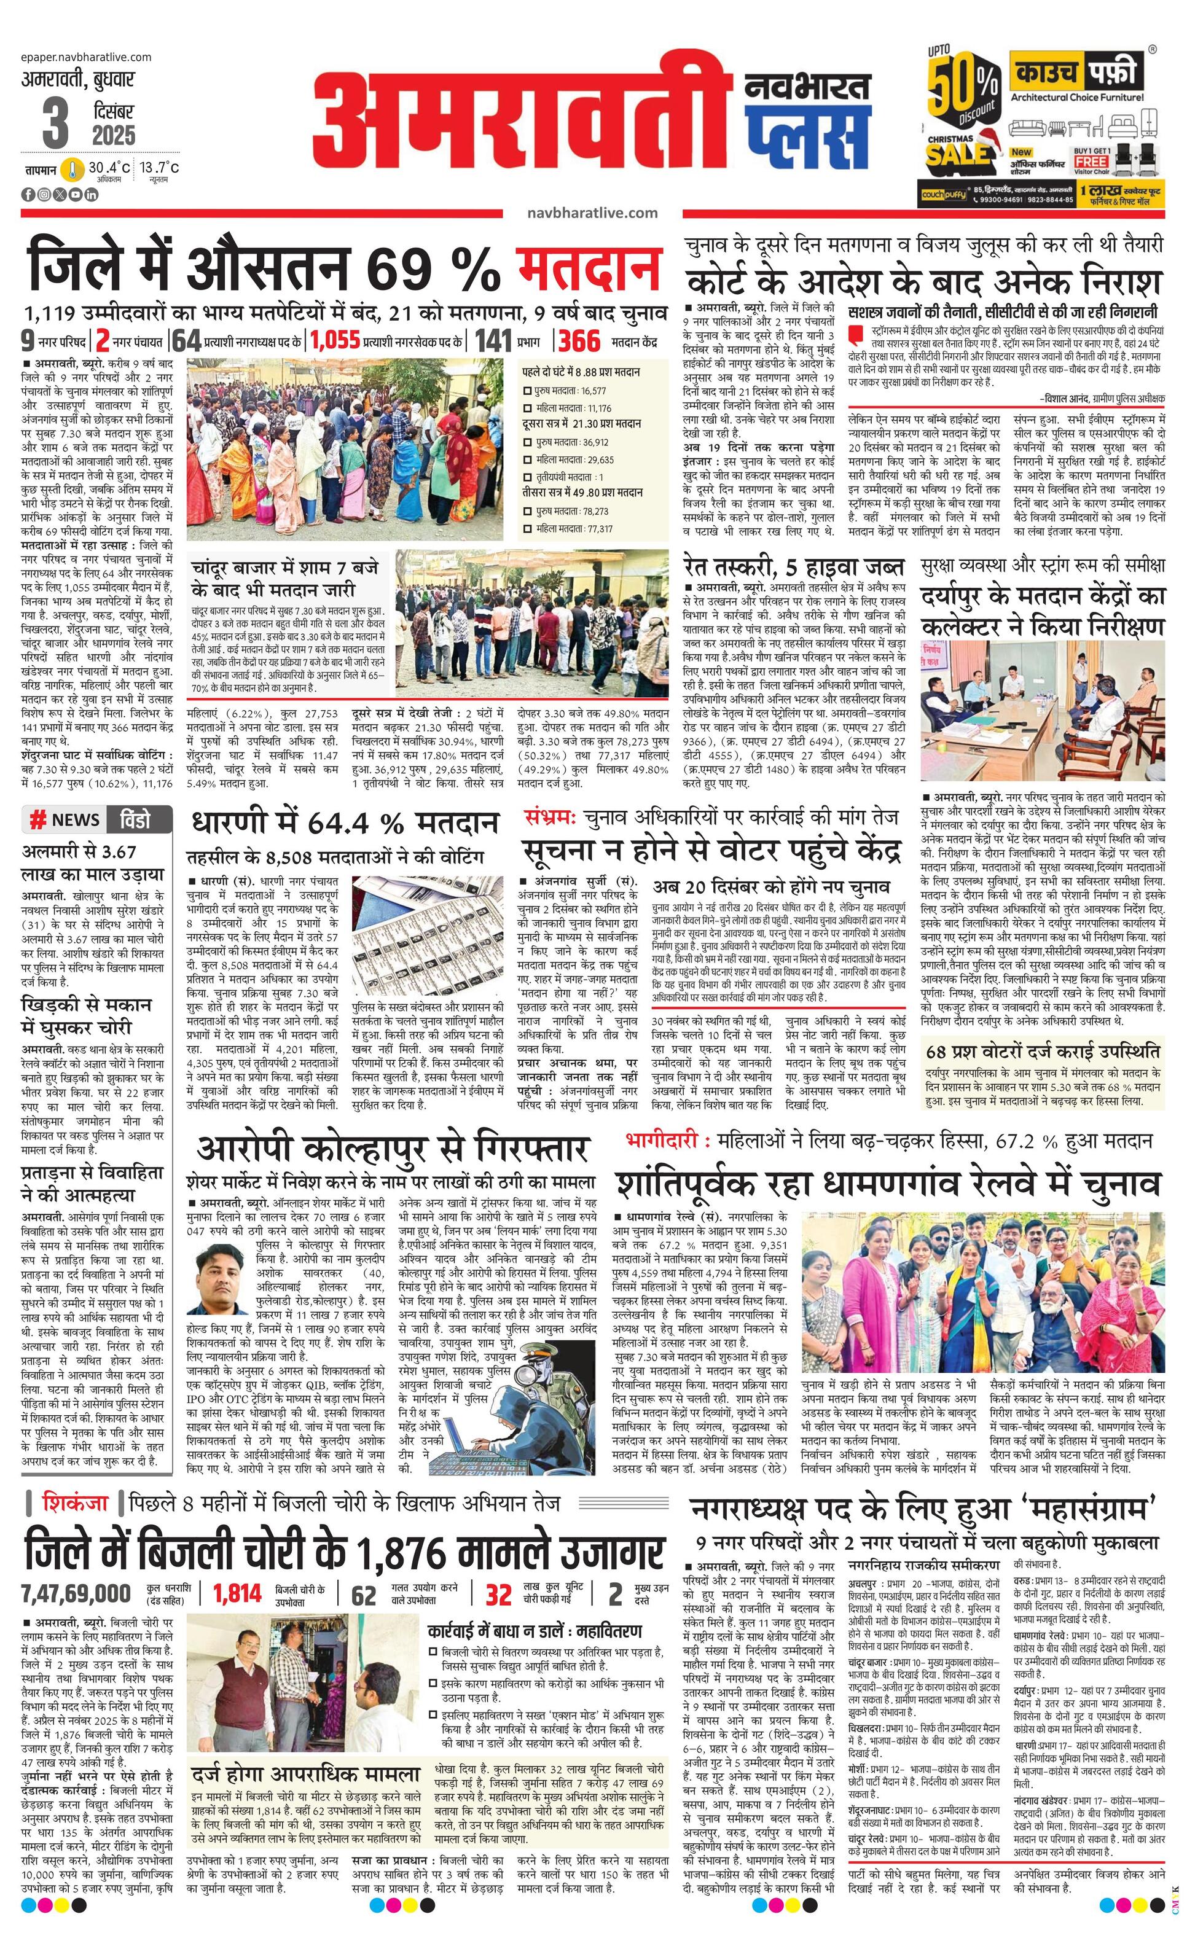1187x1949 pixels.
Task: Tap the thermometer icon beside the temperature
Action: point(72,170)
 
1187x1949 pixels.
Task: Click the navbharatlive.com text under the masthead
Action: point(592,213)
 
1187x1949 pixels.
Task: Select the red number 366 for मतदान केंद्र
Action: point(579,341)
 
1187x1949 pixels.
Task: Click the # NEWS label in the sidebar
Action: point(65,819)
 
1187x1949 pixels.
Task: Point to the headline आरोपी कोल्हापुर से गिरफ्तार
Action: point(393,1149)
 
